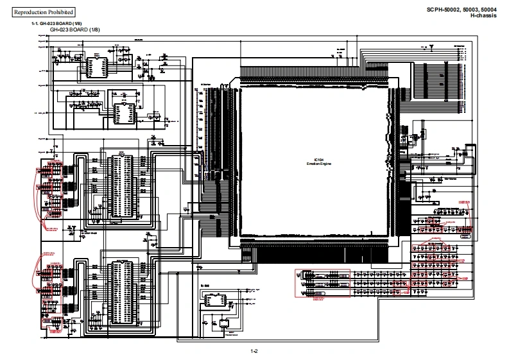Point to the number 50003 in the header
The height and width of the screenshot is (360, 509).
473,9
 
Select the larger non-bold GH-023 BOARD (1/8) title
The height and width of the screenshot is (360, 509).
74,30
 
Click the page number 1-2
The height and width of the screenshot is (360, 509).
254,350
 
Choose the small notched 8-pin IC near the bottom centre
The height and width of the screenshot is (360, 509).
212,301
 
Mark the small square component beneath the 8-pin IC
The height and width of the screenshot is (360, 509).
224,325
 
